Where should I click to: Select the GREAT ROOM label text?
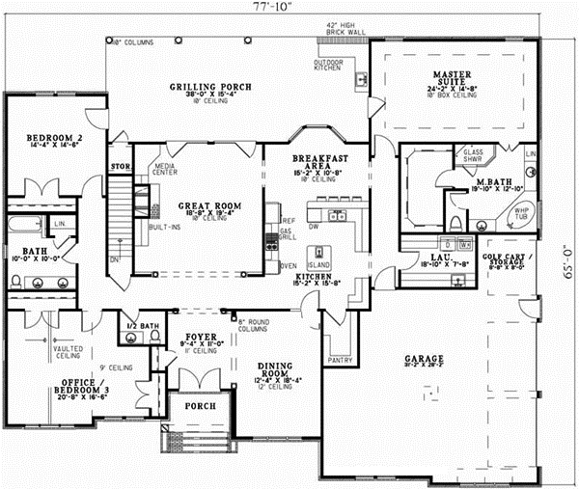tap(201, 206)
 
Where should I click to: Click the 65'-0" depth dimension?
tap(566, 260)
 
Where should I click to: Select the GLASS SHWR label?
tap(474, 156)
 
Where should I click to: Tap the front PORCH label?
tap(201, 406)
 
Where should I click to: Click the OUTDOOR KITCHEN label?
tap(328, 66)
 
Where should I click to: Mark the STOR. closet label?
tap(120, 166)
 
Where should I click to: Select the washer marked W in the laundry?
tap(465, 246)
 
